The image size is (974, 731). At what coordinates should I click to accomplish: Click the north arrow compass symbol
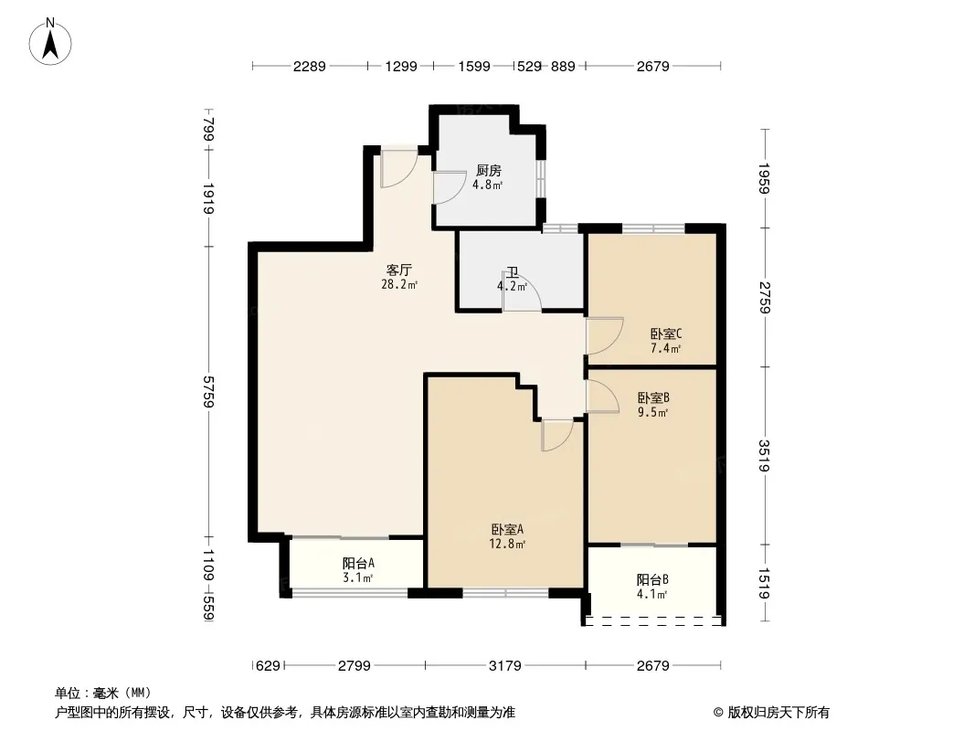coord(50,42)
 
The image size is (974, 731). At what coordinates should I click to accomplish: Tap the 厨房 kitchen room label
coord(488,170)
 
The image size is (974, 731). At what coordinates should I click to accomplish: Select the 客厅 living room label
coord(398,270)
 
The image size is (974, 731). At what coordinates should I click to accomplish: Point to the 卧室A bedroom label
coord(507,530)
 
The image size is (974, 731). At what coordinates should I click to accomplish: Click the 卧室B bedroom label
coord(653,397)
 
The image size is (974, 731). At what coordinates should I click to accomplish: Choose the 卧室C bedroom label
coord(666,334)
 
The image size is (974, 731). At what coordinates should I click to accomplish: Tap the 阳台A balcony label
coord(358,563)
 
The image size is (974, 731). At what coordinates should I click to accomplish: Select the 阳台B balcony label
coord(652,579)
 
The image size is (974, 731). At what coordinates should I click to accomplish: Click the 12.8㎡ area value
coord(507,545)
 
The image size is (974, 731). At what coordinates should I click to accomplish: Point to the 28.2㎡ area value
coord(399,285)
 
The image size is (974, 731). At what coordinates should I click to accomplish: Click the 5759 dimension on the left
coord(208,392)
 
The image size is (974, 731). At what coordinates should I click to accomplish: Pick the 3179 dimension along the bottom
coord(505,666)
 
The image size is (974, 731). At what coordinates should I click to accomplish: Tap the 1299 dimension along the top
coord(401,66)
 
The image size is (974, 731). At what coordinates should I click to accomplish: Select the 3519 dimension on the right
coord(765,455)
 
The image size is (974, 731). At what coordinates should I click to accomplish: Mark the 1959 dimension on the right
coord(765,178)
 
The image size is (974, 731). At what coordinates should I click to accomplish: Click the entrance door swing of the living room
coord(398,168)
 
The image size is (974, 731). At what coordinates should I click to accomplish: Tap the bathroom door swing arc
coord(522,291)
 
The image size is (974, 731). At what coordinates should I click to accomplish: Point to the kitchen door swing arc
coord(450,187)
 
